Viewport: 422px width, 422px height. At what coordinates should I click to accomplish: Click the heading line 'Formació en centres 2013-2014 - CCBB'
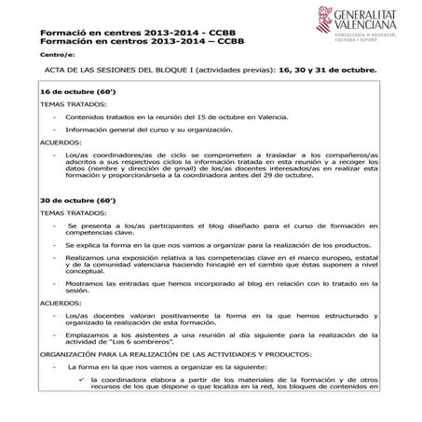tap(141, 34)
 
